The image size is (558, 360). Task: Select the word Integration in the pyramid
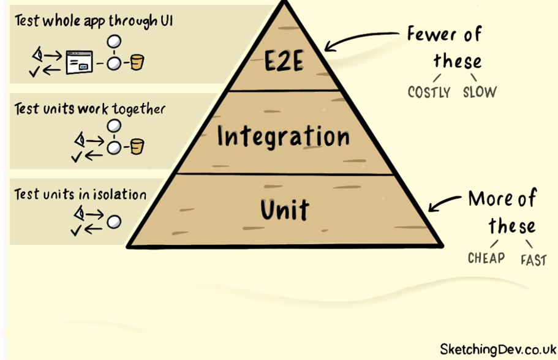(282, 136)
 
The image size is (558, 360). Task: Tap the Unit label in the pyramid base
(284, 210)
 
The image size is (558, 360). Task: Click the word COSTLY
(429, 92)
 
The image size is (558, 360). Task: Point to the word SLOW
(480, 92)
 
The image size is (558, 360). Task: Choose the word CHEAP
(486, 258)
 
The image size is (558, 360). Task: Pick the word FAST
(533, 260)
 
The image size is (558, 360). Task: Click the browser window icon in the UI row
(78, 62)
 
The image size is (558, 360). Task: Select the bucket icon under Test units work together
(137, 146)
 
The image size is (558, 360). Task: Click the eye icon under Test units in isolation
(79, 212)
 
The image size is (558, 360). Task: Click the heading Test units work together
(89, 109)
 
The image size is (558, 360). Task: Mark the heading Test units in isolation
(80, 195)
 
